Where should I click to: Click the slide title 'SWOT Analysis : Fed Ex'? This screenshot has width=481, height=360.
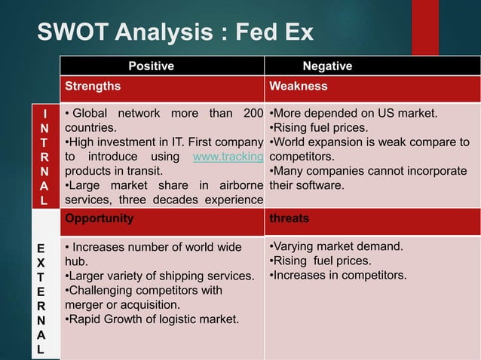[x=175, y=34]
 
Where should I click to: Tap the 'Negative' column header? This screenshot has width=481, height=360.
[x=326, y=66]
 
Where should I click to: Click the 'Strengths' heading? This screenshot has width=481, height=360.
[x=93, y=86]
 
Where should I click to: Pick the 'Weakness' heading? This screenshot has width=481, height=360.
[x=299, y=86]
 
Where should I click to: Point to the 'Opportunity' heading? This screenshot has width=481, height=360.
[x=100, y=218]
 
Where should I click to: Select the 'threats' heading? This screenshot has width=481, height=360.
[x=289, y=218]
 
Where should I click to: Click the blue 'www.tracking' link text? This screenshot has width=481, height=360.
[x=228, y=157]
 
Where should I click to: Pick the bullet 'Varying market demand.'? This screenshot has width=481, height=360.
[x=336, y=247]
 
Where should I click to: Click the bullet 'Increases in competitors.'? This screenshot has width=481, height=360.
[x=338, y=275]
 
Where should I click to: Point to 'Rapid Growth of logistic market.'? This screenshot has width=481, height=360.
[x=152, y=320]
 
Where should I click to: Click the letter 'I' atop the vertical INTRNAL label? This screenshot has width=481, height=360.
[x=47, y=114]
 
